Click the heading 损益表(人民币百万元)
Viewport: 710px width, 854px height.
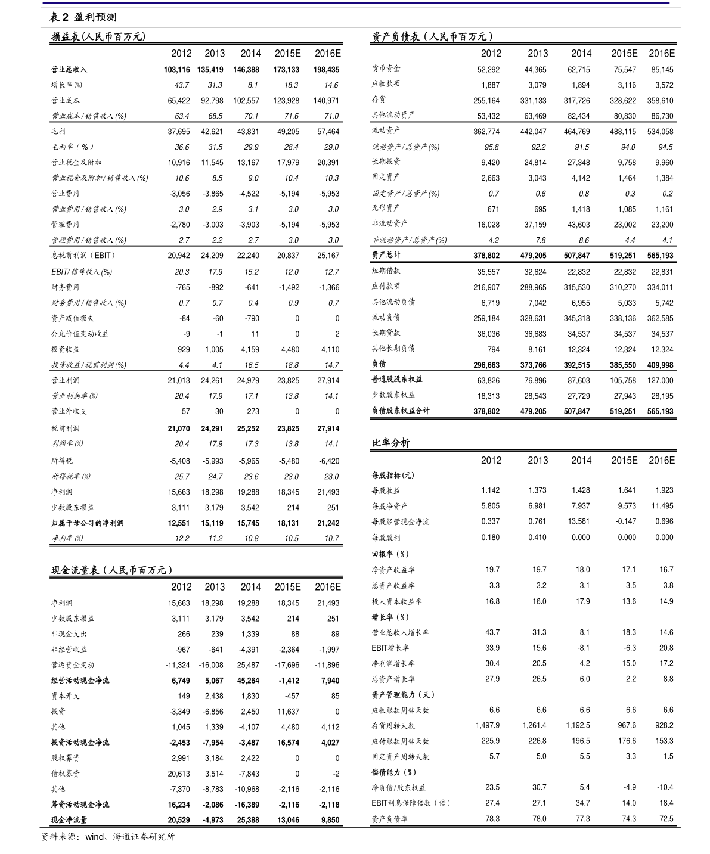pyautogui.click(x=98, y=37)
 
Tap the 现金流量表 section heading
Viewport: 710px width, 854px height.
pyautogui.click(x=112, y=570)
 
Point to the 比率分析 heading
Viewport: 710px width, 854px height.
pyautogui.click(x=390, y=443)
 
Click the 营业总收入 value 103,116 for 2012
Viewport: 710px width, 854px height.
pyautogui.click(x=177, y=70)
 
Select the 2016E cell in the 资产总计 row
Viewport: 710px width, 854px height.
pyautogui.click(x=660, y=256)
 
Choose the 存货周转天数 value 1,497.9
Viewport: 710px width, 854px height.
pyautogui.click(x=487, y=725)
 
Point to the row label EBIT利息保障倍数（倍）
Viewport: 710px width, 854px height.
pyautogui.click(x=411, y=803)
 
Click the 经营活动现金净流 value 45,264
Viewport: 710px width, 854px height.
pyautogui.click(x=247, y=681)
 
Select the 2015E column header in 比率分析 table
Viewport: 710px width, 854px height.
pyautogui.click(x=624, y=461)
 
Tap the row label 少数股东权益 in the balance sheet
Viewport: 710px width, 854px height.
pyautogui.click(x=393, y=395)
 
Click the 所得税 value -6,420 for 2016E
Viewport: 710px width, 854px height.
pyautogui.click(x=327, y=461)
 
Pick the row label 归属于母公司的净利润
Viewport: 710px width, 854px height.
pyautogui.click(x=88, y=523)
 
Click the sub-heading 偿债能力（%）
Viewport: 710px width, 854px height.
pyautogui.click(x=394, y=772)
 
